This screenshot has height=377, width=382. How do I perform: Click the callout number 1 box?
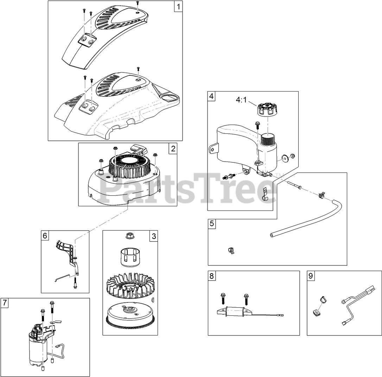(178, 6)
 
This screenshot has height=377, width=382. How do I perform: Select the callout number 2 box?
(173, 149)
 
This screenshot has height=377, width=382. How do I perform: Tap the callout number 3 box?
(153, 236)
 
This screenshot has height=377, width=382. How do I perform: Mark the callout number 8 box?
(212, 276)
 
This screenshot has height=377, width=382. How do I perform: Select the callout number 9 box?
(311, 276)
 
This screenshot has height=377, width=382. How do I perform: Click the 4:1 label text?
(241, 100)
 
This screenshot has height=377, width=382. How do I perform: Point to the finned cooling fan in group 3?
(129, 285)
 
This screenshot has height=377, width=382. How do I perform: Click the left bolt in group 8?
(223, 299)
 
